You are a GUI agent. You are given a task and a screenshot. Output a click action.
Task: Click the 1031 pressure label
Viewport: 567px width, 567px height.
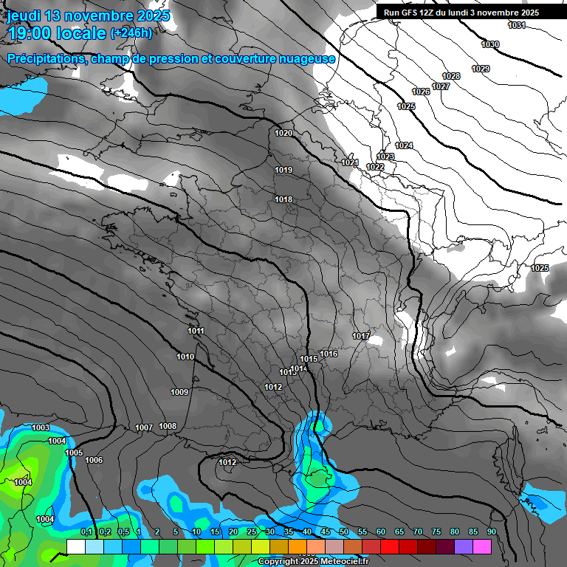[517, 26]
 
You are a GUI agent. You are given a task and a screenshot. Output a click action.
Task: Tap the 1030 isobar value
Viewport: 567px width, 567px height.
[490, 45]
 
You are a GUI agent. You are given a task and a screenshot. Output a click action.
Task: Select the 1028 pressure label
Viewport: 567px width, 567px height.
[451, 77]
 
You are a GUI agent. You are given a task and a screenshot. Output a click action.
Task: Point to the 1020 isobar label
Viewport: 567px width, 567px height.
[283, 134]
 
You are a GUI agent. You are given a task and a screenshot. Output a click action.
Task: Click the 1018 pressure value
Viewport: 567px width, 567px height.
[283, 200]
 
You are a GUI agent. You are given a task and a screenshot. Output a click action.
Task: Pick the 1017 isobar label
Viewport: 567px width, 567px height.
[361, 337]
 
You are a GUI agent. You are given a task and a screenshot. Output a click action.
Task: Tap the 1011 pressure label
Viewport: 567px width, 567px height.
[196, 331]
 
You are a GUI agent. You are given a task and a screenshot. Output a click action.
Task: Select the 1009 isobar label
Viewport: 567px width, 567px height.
[179, 392]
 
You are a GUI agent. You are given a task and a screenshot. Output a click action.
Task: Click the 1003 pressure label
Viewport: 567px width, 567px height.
[41, 428]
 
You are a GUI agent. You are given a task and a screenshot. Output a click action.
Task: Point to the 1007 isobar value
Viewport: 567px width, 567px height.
[144, 428]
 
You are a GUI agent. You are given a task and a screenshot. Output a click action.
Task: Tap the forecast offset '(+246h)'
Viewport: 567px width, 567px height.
[131, 32]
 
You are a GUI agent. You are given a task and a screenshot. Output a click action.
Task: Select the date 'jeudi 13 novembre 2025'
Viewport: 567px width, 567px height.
[88, 16]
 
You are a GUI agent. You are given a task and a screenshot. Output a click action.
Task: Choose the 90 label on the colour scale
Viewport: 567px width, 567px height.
[491, 532]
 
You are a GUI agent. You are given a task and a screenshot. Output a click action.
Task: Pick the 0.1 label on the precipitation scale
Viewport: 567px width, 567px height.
[86, 532]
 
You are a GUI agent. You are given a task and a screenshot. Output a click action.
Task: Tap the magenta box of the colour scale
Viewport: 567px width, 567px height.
[482, 546]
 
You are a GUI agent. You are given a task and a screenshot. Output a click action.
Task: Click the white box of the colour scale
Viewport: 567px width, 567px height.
[75, 546]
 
